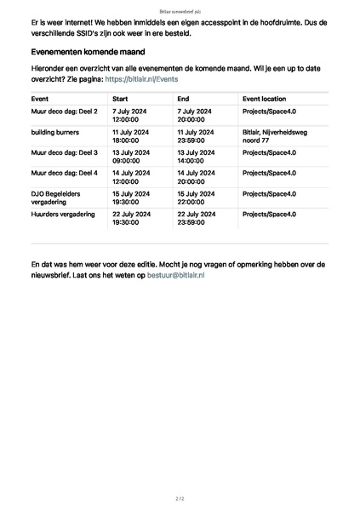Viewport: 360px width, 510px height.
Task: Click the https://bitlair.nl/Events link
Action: point(141,78)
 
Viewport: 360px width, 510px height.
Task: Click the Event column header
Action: point(39,99)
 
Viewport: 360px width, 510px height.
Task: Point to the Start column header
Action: point(120,99)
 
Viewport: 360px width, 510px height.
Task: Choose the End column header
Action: point(183,99)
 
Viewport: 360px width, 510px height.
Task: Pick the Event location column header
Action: point(264,99)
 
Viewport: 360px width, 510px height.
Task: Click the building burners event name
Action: point(54,133)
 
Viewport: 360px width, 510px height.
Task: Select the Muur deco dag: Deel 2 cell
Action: point(64,112)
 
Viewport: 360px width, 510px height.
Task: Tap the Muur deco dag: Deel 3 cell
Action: point(64,152)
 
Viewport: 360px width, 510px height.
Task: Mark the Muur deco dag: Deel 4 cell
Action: point(64,173)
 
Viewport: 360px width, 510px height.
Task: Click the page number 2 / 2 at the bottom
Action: point(180,497)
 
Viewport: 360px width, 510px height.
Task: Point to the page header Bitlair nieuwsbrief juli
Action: point(180,12)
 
